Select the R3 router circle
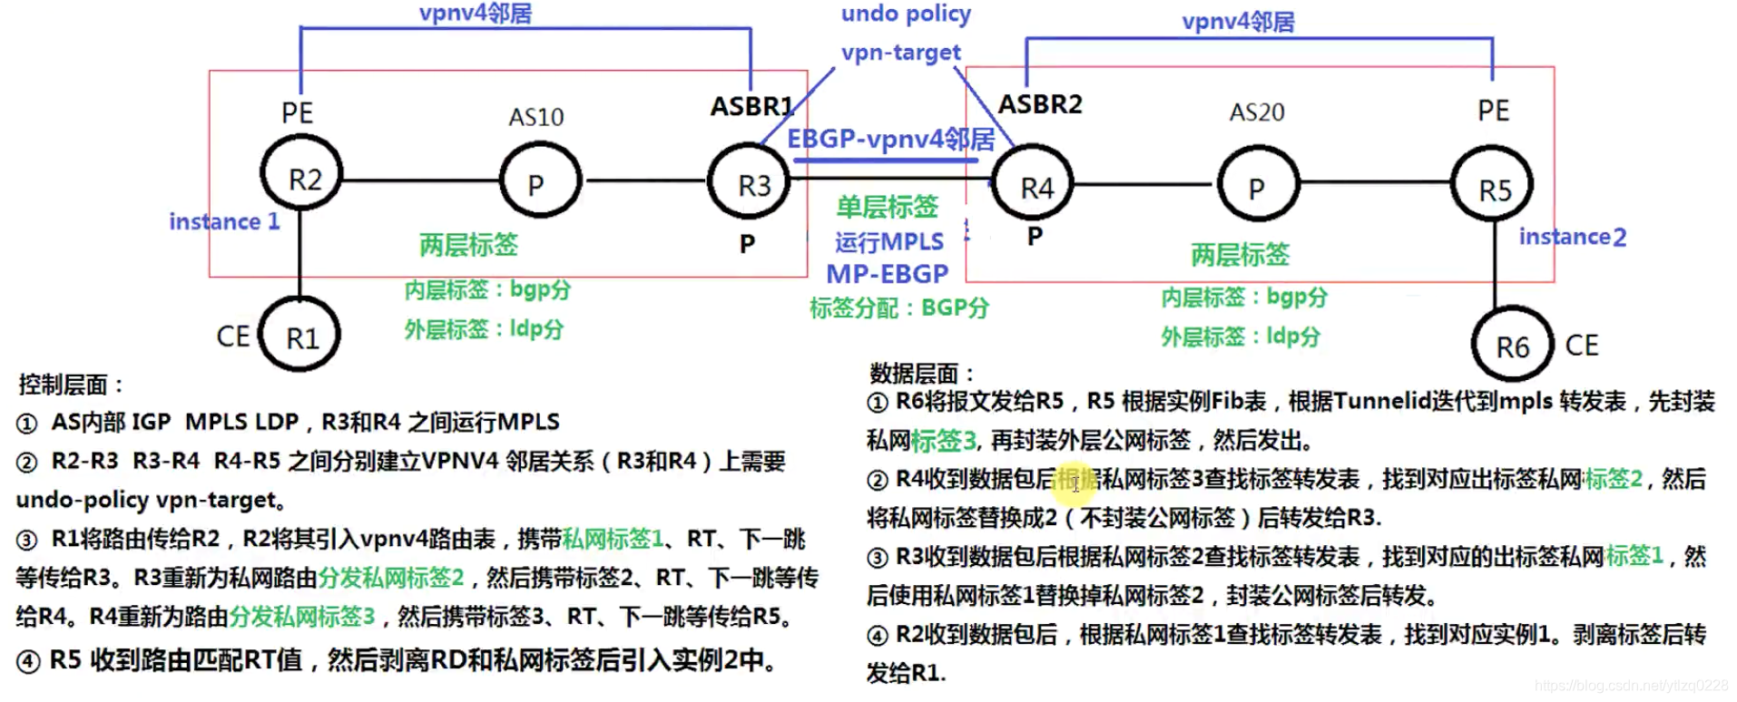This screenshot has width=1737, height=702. coord(751,182)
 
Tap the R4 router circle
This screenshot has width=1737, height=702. coord(1034,185)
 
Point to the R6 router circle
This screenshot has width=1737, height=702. coord(1511,346)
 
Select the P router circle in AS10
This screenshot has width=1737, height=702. coord(540,181)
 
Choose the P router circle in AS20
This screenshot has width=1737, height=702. coord(1257,187)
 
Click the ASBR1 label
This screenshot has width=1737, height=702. coord(751,107)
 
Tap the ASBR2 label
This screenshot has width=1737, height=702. coord(1040,104)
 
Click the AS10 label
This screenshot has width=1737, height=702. coord(535,117)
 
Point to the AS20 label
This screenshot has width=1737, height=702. coord(1256,112)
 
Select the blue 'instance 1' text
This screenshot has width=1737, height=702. coord(224,221)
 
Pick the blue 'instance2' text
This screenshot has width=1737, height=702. coord(1572,237)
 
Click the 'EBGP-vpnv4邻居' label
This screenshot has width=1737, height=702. coord(890,139)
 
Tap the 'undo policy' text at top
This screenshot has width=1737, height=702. coord(905,14)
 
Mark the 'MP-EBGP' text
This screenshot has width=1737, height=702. coord(887,273)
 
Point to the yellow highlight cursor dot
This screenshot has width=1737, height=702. coord(1075,483)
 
